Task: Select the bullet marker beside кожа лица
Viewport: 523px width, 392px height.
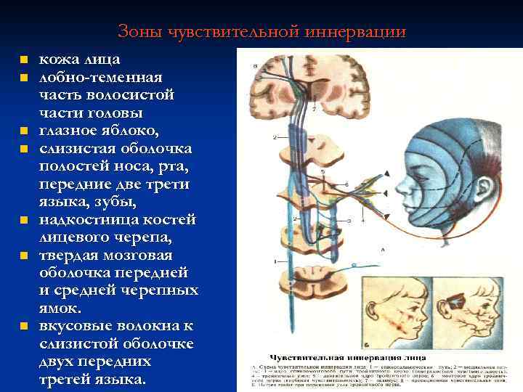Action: [24, 60]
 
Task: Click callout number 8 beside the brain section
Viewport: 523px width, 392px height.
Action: [254, 67]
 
